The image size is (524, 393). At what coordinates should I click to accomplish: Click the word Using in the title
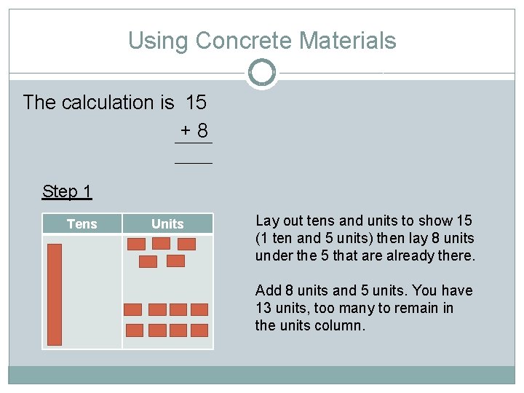coord(156,41)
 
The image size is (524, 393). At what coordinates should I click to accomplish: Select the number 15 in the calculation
coord(196,102)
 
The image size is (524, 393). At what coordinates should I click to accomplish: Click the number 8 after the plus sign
coord(202,131)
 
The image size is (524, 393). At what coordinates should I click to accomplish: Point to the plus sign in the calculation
coord(186,131)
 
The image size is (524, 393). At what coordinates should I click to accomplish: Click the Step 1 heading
coord(67,191)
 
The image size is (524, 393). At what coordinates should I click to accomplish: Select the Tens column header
coord(82,223)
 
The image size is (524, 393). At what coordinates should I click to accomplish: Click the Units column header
coord(167,223)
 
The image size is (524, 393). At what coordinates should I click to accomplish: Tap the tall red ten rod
coord(55,294)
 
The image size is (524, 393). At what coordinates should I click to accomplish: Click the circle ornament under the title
coord(261,73)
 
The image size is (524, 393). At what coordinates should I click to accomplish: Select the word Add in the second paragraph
coord(268,290)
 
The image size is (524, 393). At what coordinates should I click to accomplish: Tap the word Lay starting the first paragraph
coord(266,221)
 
